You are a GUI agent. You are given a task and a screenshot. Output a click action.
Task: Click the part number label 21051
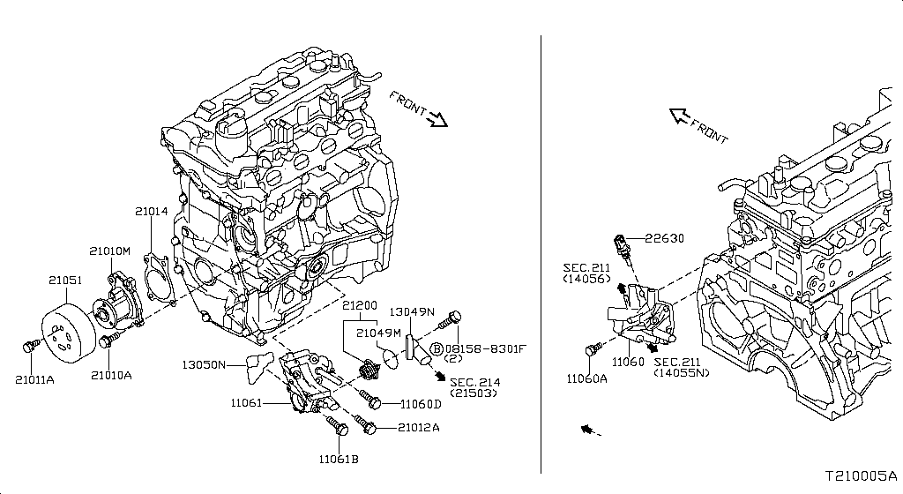(64, 281)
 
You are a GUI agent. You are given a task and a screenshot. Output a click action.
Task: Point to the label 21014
(151, 212)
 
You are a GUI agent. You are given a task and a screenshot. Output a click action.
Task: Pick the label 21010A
(110, 374)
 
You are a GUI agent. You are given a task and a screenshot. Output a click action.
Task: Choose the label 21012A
(418, 428)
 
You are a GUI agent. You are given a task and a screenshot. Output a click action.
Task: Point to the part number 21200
(360, 305)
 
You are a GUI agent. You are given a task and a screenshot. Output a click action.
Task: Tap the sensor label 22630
(664, 237)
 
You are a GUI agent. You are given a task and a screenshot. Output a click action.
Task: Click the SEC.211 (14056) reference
(586, 273)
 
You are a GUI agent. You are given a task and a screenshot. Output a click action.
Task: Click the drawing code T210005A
(862, 475)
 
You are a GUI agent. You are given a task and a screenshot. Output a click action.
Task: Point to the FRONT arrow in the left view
(418, 109)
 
